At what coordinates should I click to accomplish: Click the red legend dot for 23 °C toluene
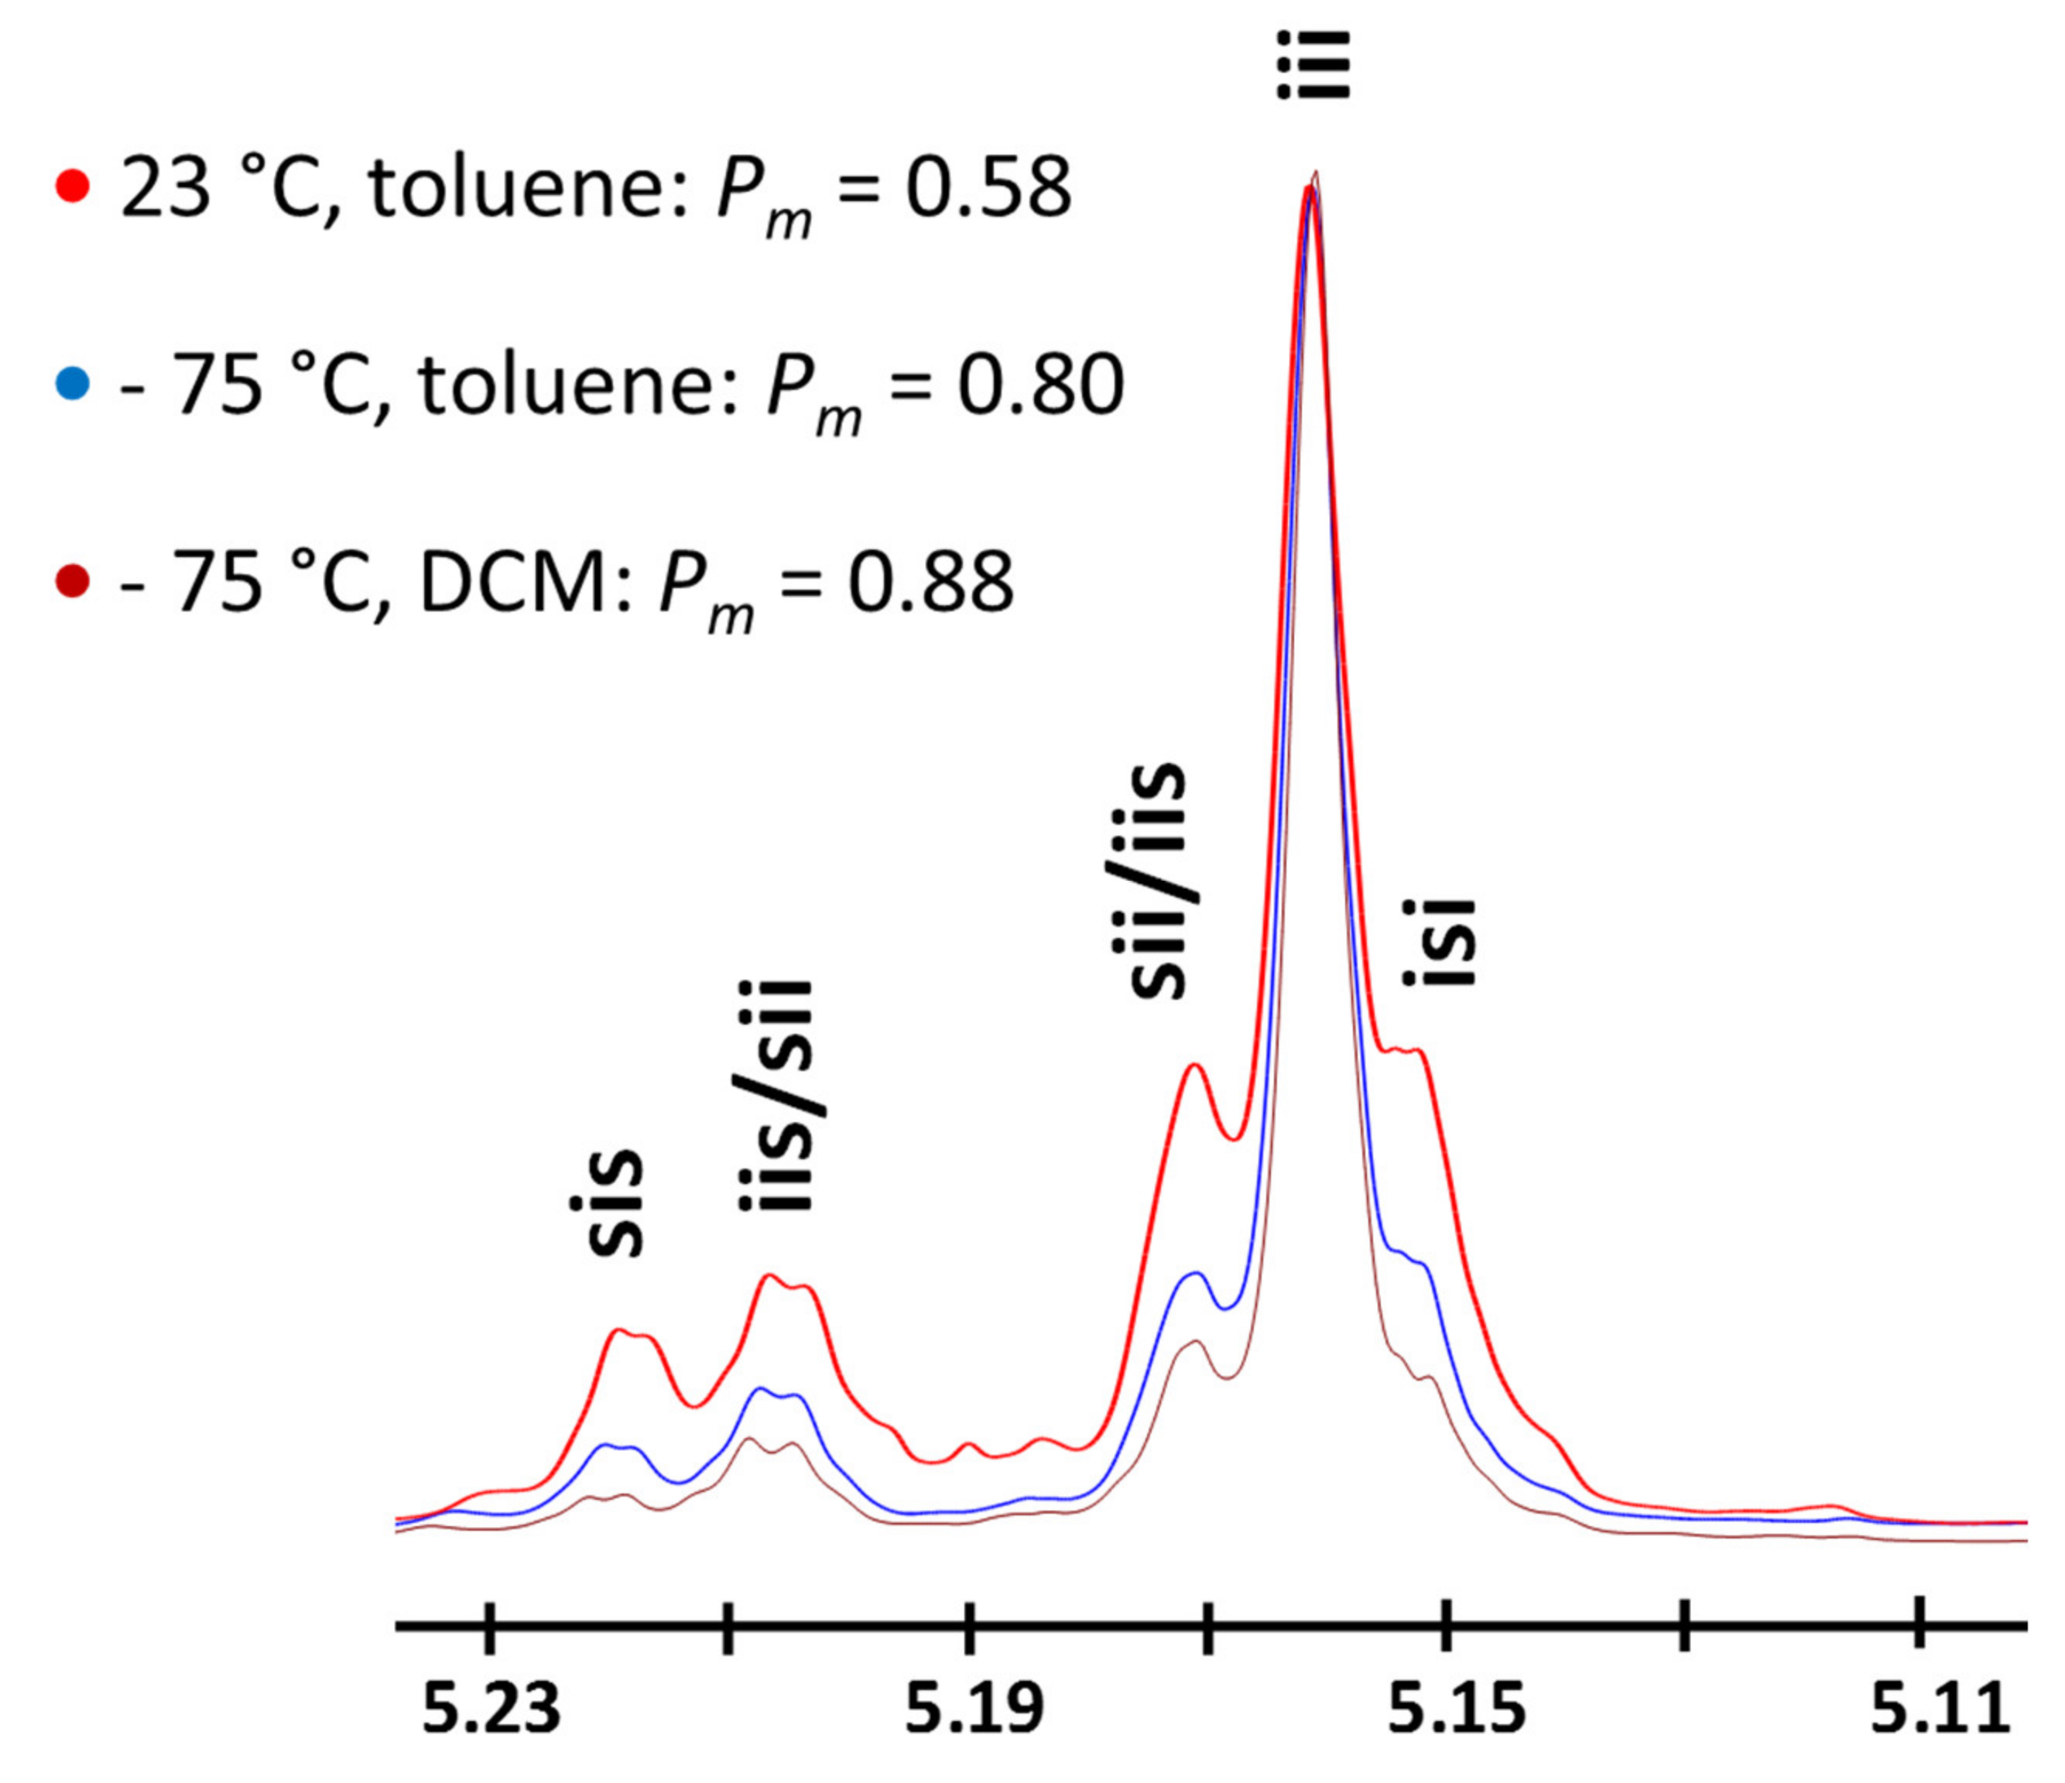[x=73, y=187]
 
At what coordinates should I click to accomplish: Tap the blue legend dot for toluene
[x=73, y=385]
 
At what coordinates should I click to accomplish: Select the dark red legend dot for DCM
[x=73, y=582]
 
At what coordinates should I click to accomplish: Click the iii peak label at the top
[x=1313, y=66]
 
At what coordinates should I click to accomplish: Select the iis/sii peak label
[x=776, y=1097]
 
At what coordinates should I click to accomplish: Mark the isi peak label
[x=1437, y=943]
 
